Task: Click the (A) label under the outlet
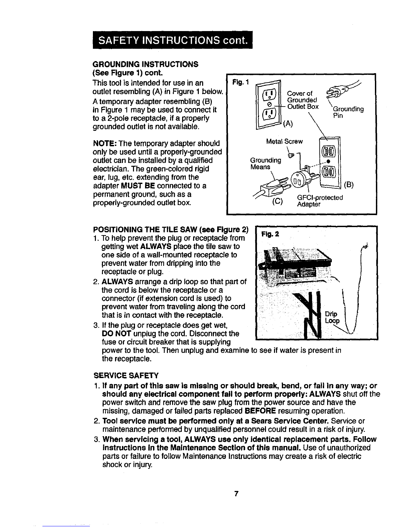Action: point(288,124)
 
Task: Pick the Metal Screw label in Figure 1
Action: point(284,142)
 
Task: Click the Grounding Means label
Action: point(266,163)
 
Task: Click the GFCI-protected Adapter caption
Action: point(320,201)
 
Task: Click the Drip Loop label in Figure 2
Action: point(332,318)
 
